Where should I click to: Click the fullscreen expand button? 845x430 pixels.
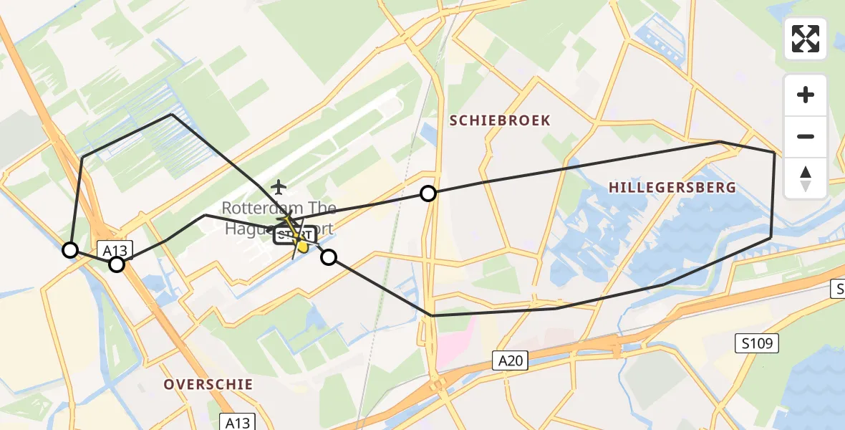[x=806, y=39]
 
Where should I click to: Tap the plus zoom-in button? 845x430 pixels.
[x=806, y=95]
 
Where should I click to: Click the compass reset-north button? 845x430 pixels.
[x=806, y=178]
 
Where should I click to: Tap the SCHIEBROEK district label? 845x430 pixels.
[x=500, y=120]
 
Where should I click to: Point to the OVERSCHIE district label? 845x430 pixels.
[x=208, y=384]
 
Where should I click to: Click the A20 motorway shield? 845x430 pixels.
[x=510, y=360]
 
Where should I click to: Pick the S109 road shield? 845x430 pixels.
[x=757, y=345]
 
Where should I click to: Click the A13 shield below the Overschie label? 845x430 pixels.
[x=236, y=422]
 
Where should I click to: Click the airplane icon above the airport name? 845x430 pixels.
[x=278, y=188]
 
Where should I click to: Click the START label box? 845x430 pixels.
[x=294, y=234]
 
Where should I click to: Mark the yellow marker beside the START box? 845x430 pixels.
[x=303, y=247]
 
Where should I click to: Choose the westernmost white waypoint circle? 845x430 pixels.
[x=70, y=250]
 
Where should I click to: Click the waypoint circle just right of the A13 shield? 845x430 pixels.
[x=117, y=264]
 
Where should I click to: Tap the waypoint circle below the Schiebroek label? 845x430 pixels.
[x=428, y=193]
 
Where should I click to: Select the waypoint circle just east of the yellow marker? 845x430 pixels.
[x=329, y=257]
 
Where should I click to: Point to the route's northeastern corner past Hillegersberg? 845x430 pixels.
[x=775, y=153]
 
